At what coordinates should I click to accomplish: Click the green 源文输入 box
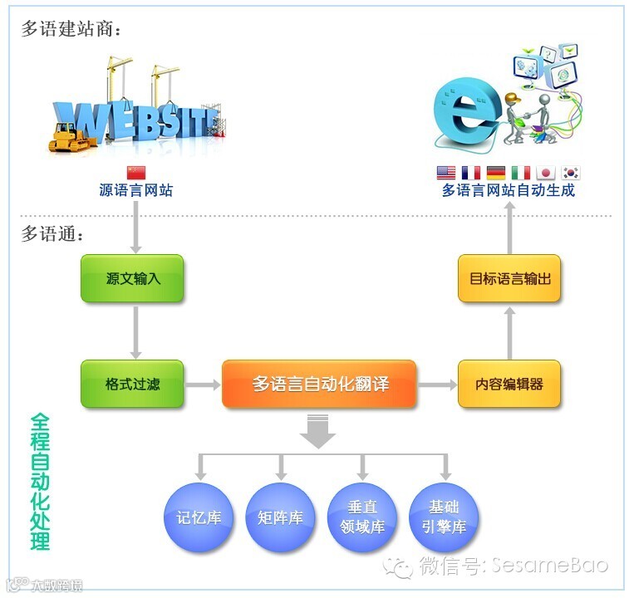click(x=132, y=278)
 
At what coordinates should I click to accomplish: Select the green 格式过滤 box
click(x=132, y=384)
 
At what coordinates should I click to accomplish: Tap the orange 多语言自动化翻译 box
click(x=319, y=384)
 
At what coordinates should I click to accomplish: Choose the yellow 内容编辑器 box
click(x=509, y=384)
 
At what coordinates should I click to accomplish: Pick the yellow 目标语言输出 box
click(x=509, y=278)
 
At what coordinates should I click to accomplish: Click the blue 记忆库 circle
click(x=199, y=517)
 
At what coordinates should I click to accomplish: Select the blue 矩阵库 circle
click(x=280, y=517)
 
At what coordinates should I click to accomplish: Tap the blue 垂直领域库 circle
click(x=362, y=517)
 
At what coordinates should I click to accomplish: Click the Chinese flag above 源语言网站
click(x=135, y=173)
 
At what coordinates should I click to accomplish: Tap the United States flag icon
click(x=446, y=173)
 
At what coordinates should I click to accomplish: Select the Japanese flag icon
click(x=546, y=173)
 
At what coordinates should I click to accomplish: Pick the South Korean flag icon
click(x=571, y=173)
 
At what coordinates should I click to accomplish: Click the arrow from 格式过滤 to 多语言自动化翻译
click(x=202, y=384)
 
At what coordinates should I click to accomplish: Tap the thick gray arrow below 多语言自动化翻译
click(x=319, y=432)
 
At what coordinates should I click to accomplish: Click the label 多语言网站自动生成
click(x=508, y=191)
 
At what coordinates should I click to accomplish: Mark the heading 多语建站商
click(x=71, y=30)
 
